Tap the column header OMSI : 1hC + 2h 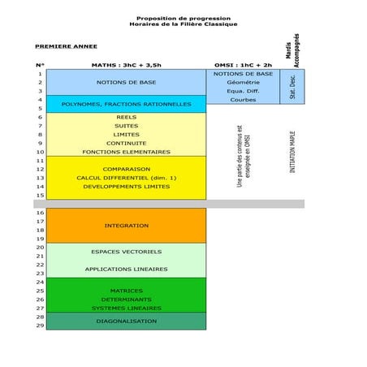coord(243,64)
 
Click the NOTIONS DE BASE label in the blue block coord(126,82)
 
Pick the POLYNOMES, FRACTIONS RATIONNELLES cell coord(126,104)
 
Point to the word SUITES coord(126,126)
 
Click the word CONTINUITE coord(126,143)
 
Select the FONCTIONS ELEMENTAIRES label coord(126,152)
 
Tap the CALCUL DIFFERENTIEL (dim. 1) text coord(126,178)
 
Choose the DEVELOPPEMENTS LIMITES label coord(126,187)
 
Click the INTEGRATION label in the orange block coord(126,225)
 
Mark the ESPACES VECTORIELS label coord(126,252)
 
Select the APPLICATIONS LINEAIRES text coord(126,269)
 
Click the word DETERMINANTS coord(126,300)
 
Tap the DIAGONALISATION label coord(126,322)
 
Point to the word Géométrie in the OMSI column coord(243,82)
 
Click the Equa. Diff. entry coord(243,91)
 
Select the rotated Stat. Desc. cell coord(292,87)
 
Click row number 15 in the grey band coord(40,196)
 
